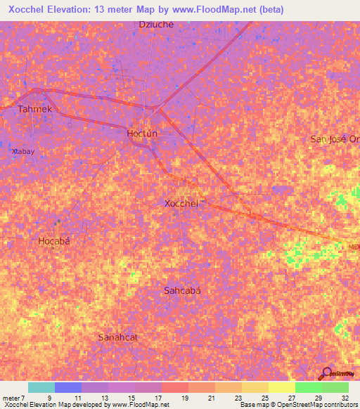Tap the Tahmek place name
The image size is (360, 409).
click(x=35, y=109)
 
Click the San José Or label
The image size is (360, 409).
click(x=335, y=138)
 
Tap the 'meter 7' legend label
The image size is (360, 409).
click(x=14, y=397)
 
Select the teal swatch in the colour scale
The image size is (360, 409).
click(x=41, y=387)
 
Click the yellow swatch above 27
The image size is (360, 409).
click(x=282, y=387)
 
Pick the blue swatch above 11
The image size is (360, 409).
click(x=68, y=387)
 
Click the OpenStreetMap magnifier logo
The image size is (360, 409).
click(x=327, y=373)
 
